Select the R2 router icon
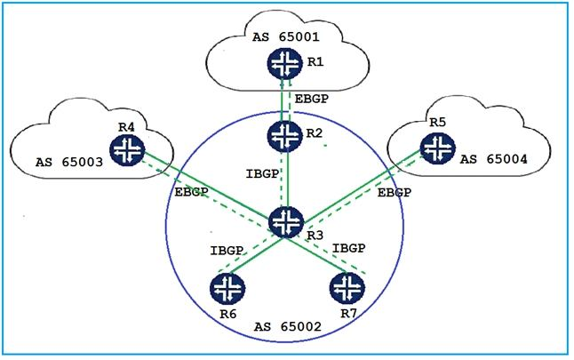pos(285,136)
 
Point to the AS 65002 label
pos(286,329)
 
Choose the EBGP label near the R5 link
pos(394,192)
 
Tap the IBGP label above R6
pos(227,252)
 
